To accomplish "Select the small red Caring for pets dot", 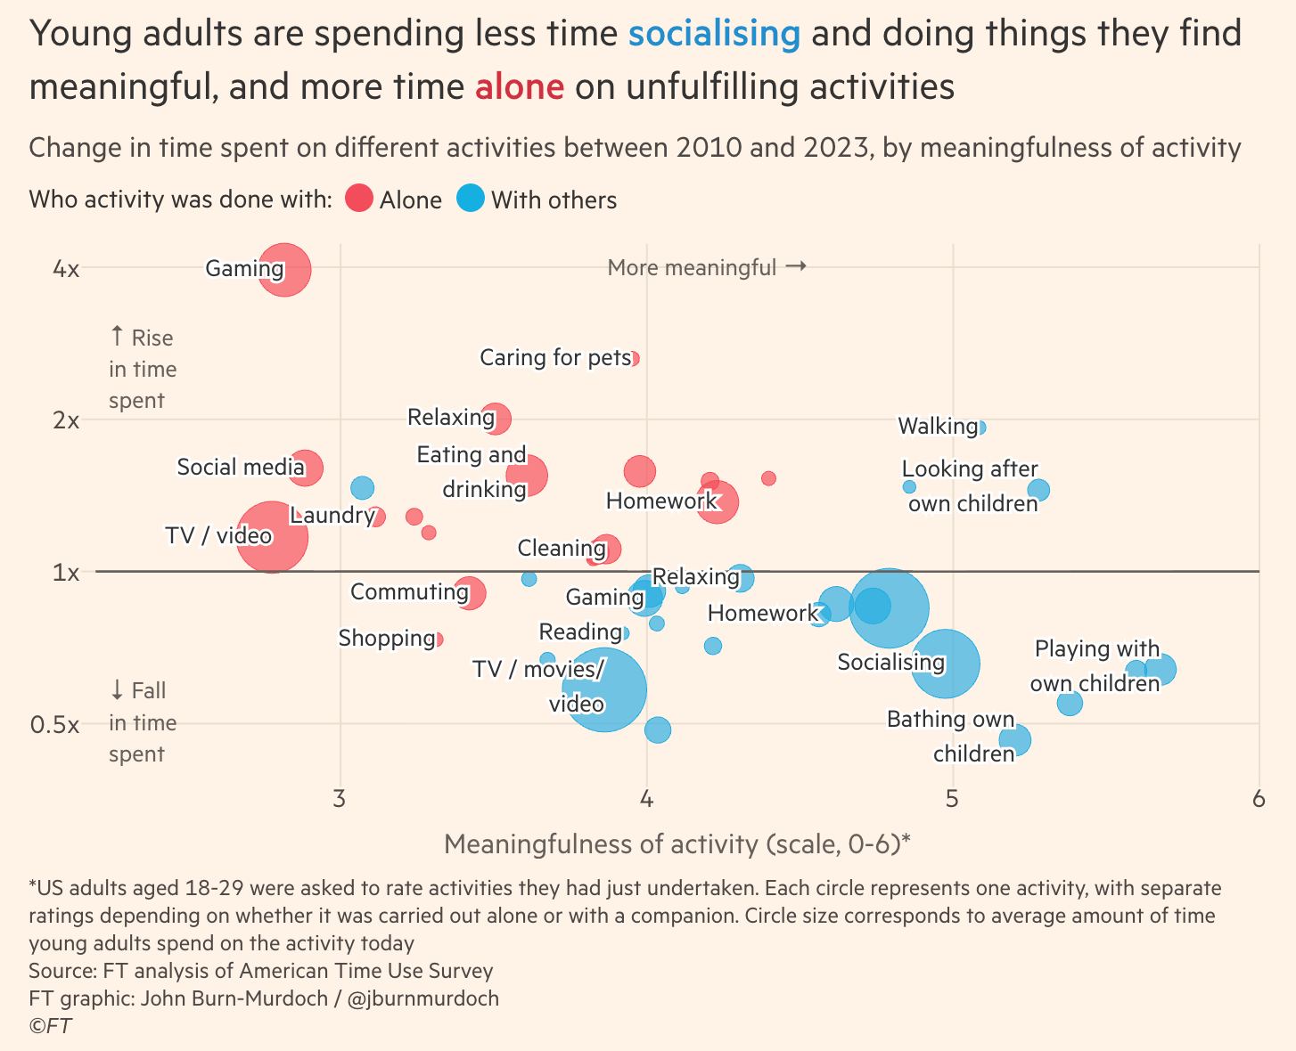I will coord(634,359).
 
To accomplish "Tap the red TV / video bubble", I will coord(273,536).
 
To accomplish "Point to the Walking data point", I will coord(980,428).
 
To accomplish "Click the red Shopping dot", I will coord(438,639).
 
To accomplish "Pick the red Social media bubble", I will coord(306,468).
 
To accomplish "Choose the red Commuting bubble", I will coord(470,593).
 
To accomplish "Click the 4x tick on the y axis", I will coord(66,268).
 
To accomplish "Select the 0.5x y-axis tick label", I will coord(55,724).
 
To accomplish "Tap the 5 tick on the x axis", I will coord(952,798).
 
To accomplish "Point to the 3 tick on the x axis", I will coord(339,798).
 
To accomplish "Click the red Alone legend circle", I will coord(358,199).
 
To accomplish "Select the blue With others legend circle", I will coord(470,199).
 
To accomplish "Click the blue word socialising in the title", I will coord(714,34).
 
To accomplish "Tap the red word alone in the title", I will coord(519,86).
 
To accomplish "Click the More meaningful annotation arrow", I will coord(796,266).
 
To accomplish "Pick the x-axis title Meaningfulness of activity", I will coord(677,843).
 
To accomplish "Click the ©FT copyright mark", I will coord(50,1026).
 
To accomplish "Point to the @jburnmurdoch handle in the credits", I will coord(422,998).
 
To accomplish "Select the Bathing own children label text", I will coord(951,737).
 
